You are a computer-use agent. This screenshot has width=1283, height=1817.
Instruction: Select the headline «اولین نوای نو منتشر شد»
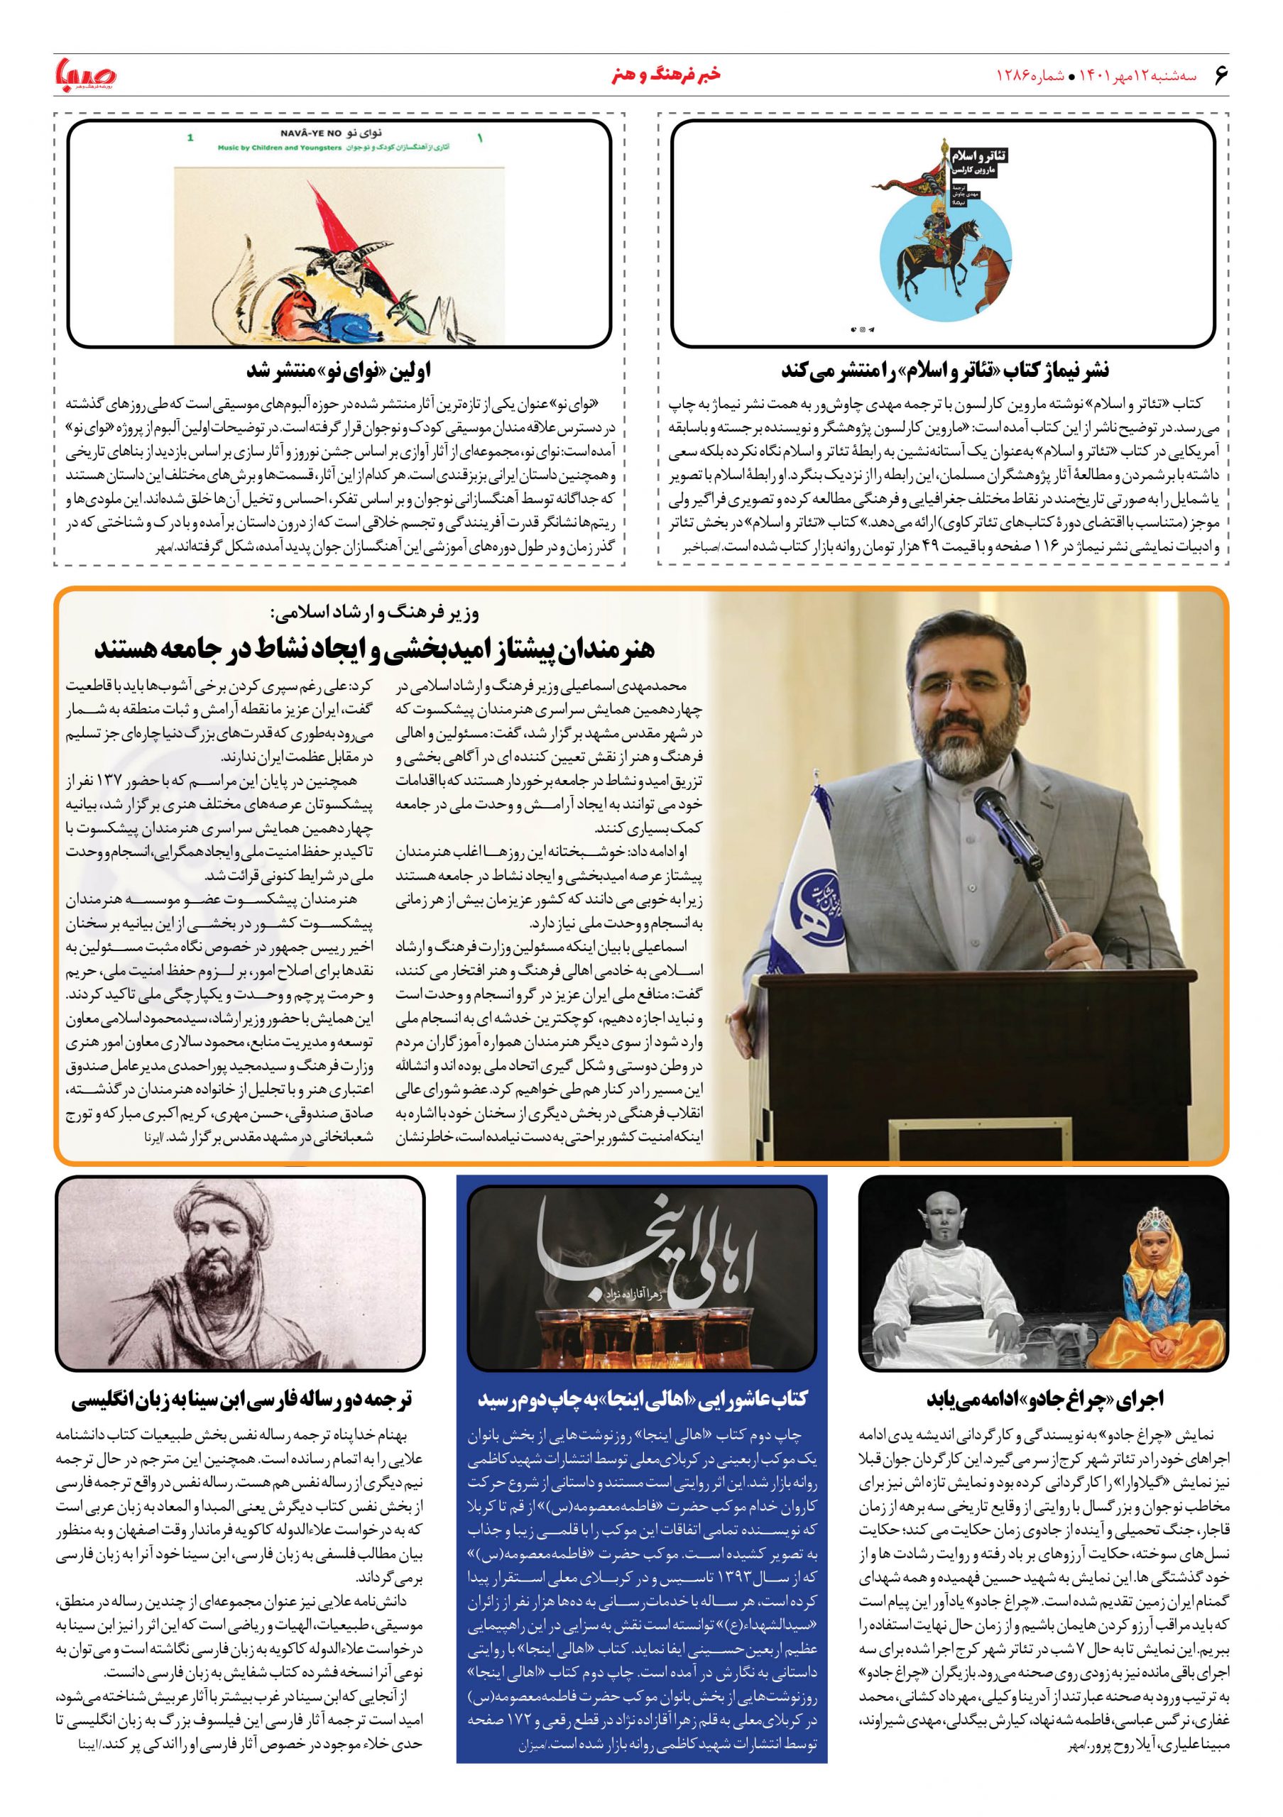click(338, 370)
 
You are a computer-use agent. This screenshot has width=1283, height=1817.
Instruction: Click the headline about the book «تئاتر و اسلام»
click(945, 370)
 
